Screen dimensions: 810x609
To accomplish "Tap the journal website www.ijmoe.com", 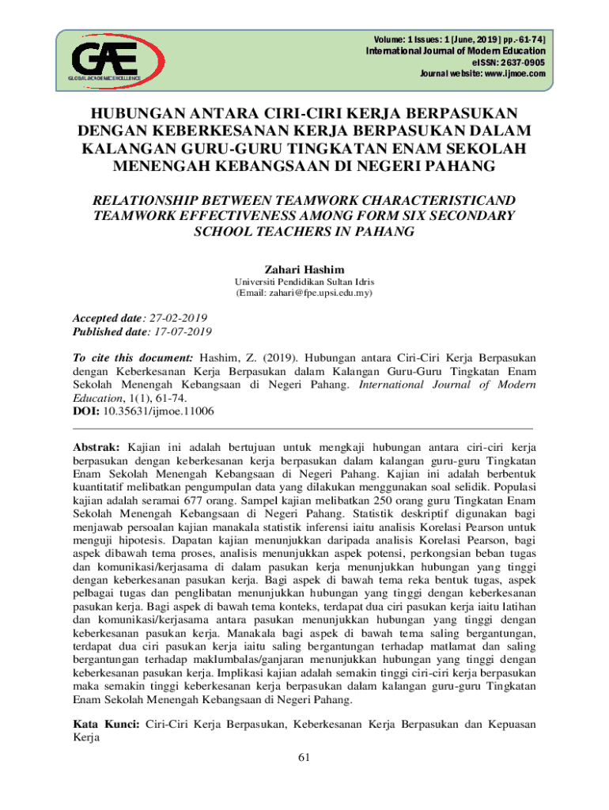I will click(x=510, y=74).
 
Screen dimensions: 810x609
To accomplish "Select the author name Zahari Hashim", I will click(x=304, y=270).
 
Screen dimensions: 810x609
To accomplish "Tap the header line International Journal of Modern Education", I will click(x=455, y=51).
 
